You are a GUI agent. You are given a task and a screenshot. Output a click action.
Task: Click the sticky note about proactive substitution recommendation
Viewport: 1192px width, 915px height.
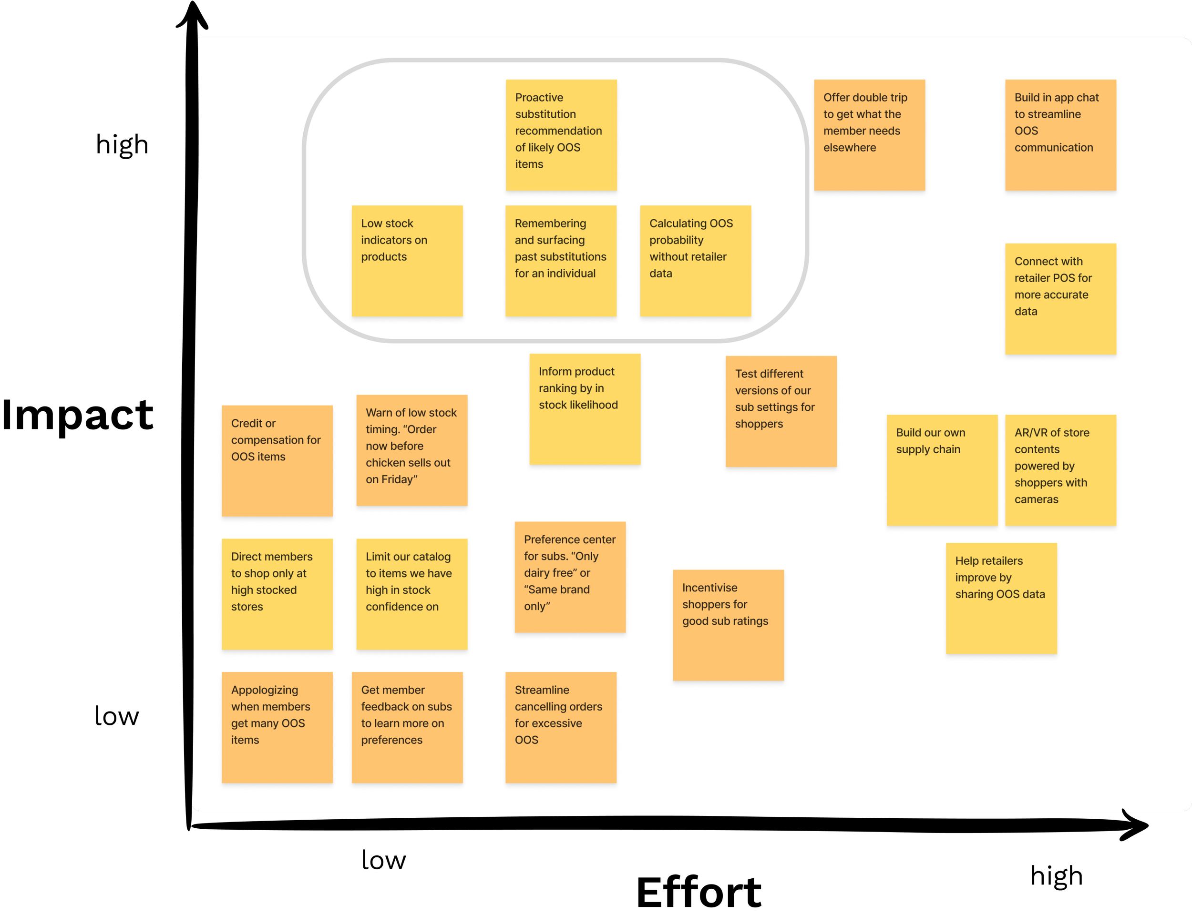pos(561,135)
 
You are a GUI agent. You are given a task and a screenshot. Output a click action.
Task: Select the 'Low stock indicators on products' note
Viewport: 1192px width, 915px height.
pos(407,261)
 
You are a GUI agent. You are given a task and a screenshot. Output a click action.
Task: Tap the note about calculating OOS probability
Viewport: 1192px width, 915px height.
pos(695,261)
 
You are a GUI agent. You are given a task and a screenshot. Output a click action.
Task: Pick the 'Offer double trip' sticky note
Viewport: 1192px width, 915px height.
pos(870,135)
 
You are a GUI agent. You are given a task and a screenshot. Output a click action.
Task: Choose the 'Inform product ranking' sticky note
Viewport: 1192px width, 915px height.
pos(585,409)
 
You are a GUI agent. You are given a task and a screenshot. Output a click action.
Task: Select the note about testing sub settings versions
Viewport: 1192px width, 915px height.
pos(781,411)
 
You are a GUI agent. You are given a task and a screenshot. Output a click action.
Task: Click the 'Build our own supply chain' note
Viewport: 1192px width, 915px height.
pos(942,470)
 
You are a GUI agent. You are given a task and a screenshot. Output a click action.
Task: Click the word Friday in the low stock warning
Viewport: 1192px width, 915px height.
pos(397,480)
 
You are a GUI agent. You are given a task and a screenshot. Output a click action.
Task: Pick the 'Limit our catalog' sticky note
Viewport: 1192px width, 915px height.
pos(411,594)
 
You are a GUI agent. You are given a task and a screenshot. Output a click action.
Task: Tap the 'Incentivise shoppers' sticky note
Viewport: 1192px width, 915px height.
pos(728,625)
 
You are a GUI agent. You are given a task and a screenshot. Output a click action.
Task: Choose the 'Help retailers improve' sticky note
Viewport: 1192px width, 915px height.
pos(1001,598)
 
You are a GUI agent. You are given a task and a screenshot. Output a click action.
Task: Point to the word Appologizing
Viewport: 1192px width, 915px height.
pos(264,690)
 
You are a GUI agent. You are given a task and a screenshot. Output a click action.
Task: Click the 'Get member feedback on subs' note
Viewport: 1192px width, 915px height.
pos(407,727)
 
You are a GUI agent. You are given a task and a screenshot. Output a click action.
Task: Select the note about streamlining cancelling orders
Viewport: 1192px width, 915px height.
pos(561,727)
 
